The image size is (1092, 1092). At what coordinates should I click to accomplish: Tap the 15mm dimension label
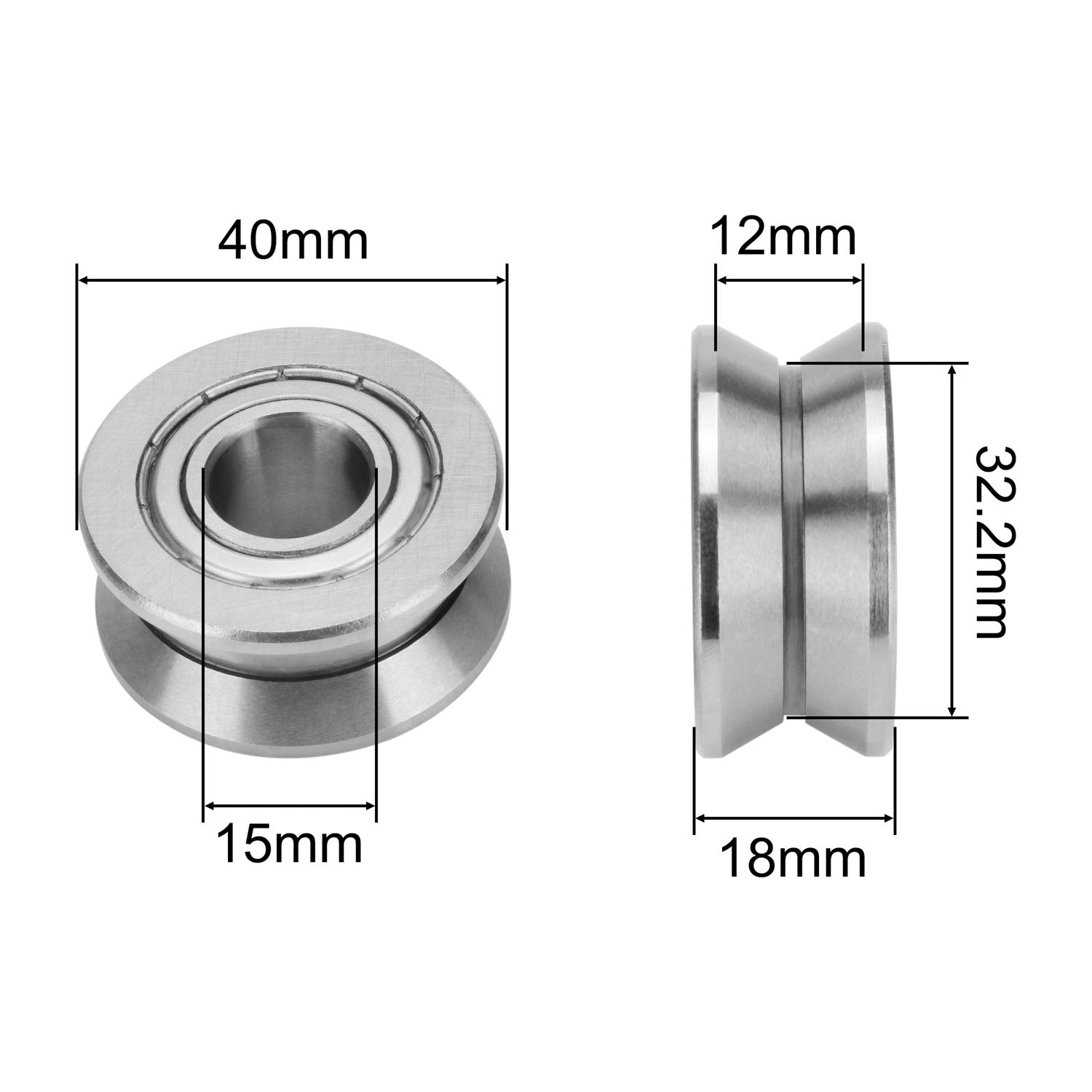tap(289, 844)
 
